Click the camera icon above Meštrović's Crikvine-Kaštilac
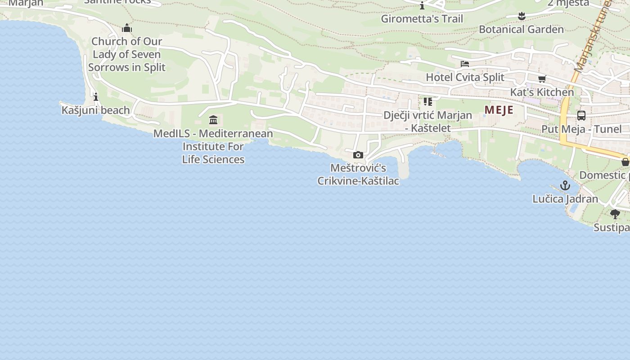[358, 155]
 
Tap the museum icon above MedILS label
[213, 120]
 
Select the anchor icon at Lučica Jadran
[565, 185]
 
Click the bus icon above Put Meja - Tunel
[581, 116]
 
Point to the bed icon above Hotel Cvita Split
[465, 64]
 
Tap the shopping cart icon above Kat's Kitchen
[542, 79]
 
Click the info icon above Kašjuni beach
[95, 97]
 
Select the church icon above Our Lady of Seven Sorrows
[127, 28]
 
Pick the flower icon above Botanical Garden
[522, 16]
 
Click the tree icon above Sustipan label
[615, 214]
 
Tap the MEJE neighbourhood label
[499, 110]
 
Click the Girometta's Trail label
[422, 19]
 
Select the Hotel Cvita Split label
[465, 77]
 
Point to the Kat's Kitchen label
[542, 92]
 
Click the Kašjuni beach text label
[95, 110]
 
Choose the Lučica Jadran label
[565, 199]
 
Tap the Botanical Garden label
[521, 30]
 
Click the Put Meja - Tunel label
[581, 129]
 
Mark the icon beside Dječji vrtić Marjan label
[427, 102]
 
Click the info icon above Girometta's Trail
[422, 6]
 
